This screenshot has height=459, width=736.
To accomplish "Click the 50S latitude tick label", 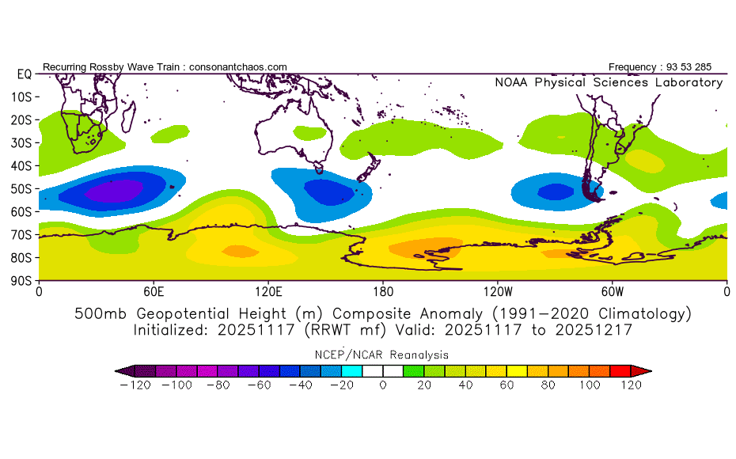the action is pyautogui.click(x=21, y=188).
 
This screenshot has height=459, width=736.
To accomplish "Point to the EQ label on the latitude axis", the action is pyautogui.click(x=25, y=74).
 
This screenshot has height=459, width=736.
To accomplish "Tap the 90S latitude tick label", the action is pyautogui.click(x=21, y=281).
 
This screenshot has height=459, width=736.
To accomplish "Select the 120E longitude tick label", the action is pyautogui.click(x=268, y=292).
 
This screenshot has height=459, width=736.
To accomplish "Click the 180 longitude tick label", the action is pyautogui.click(x=383, y=292).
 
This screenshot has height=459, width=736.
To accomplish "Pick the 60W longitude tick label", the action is pyautogui.click(x=613, y=292).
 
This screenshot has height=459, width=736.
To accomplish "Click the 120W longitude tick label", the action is pyautogui.click(x=498, y=292).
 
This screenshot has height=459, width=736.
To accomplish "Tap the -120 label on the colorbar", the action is pyautogui.click(x=135, y=385).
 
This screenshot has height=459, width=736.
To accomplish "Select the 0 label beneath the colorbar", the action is pyautogui.click(x=383, y=385).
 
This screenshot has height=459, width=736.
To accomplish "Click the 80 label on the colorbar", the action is pyautogui.click(x=548, y=385).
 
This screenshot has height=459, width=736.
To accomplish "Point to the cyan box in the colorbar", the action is pyautogui.click(x=351, y=371).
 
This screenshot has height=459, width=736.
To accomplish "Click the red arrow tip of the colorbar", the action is pyautogui.click(x=651, y=371).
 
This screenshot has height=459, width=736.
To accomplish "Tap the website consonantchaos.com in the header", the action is pyautogui.click(x=238, y=67).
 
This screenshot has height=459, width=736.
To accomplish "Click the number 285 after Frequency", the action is pyautogui.click(x=703, y=67).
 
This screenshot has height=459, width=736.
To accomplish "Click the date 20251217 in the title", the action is pyautogui.click(x=594, y=330).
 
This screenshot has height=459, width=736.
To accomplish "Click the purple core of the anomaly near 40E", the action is pyautogui.click(x=114, y=191).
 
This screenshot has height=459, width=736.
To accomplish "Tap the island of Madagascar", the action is pyautogui.click(x=128, y=116).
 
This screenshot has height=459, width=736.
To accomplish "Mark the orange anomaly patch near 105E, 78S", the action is pyautogui.click(x=241, y=252).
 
